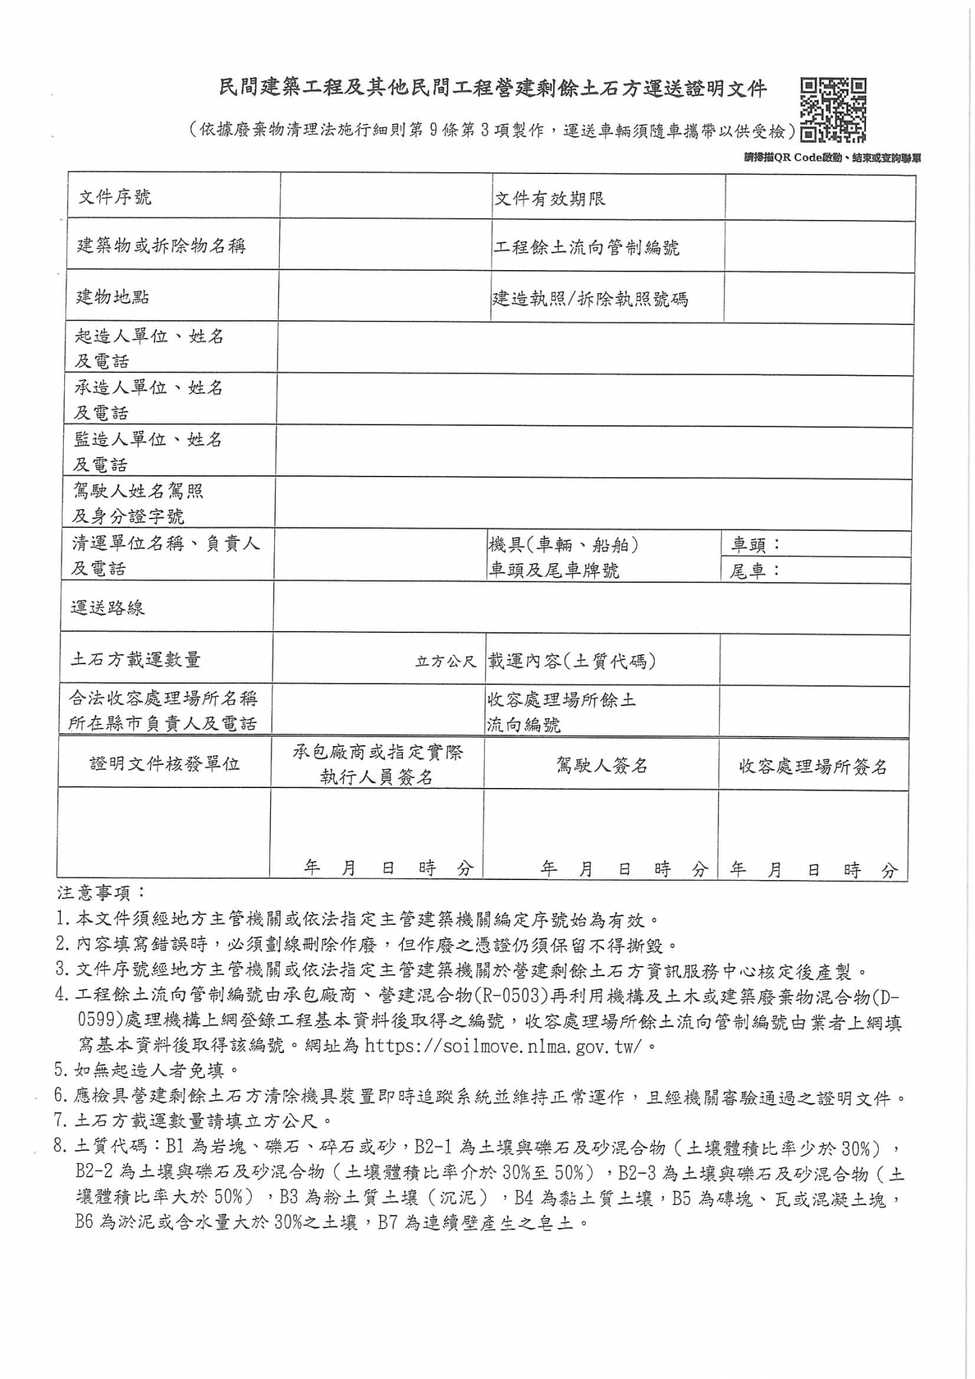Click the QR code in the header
(x=833, y=110)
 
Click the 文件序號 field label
(x=115, y=198)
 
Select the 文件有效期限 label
(x=549, y=199)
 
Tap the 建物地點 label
(x=112, y=297)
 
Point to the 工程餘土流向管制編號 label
(x=586, y=248)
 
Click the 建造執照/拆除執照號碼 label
(x=590, y=299)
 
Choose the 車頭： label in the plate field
(x=756, y=544)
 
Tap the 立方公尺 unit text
(x=446, y=661)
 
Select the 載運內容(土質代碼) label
(x=571, y=661)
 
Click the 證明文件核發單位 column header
(x=165, y=764)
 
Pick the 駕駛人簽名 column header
(x=601, y=765)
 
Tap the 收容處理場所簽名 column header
(x=812, y=766)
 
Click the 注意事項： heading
(x=101, y=892)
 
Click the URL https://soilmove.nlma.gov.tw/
(x=502, y=1046)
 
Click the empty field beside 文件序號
(x=386, y=197)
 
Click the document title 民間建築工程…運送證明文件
(x=493, y=88)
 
